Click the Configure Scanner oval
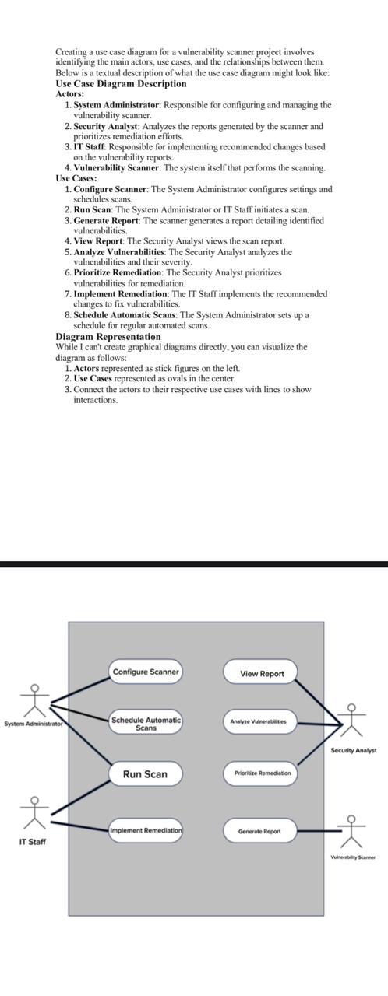point(146,672)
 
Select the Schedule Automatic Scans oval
point(146,724)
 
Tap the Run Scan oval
point(145,774)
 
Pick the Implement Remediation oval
point(146,830)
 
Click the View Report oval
point(262,673)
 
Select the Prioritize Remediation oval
point(262,773)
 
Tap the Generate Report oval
point(259,831)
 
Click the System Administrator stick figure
point(34,702)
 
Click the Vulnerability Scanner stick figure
point(353,831)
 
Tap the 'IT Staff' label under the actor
point(32,842)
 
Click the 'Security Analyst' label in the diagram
point(353,750)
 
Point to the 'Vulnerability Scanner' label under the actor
point(353,857)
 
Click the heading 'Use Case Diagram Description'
point(121,83)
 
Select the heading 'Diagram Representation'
point(108,337)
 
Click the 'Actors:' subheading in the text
point(70,93)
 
